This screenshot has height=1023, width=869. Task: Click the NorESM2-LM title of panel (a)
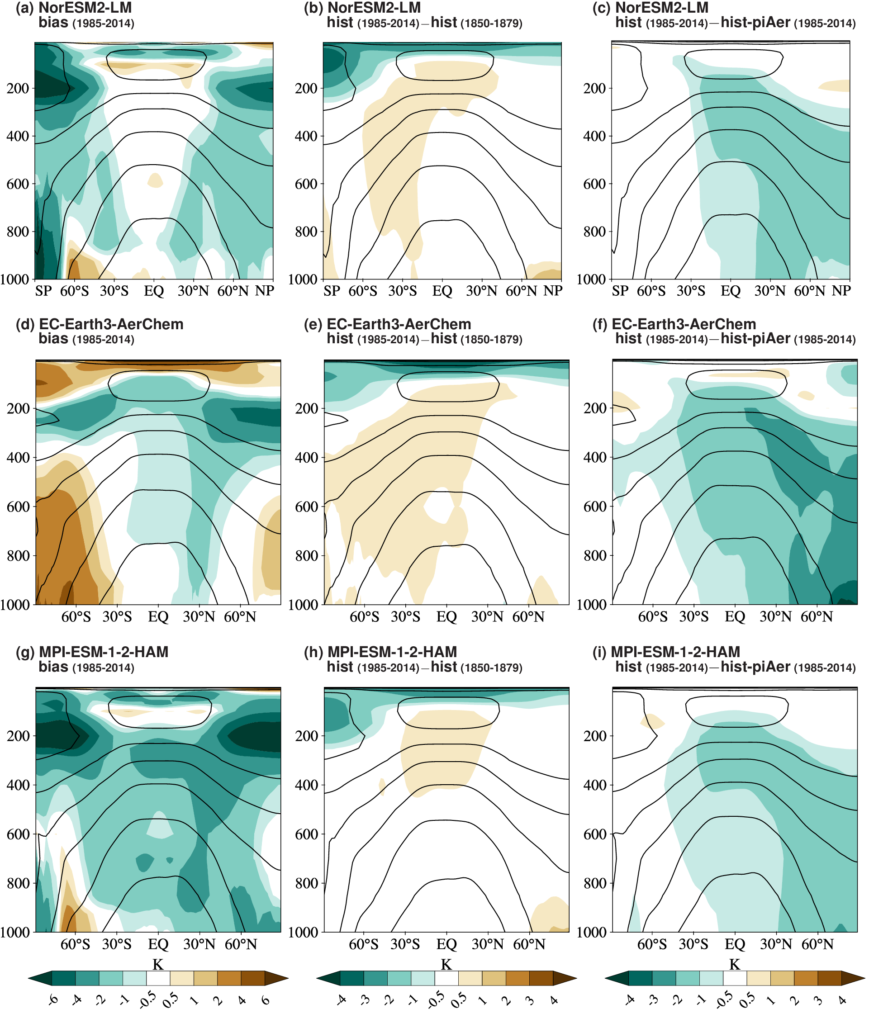point(85,8)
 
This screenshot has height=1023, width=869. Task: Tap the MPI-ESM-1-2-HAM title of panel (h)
point(392,652)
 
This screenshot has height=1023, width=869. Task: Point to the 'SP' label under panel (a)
point(43,291)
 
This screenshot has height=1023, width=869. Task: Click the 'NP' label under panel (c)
point(841,291)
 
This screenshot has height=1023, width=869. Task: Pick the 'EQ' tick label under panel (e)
point(446,617)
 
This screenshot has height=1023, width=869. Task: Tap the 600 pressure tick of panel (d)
point(18,507)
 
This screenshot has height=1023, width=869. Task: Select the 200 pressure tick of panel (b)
point(306,89)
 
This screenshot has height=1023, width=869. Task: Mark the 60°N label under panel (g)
point(241,944)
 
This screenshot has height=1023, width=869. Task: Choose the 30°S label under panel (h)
point(405,944)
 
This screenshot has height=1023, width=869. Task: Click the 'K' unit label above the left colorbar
point(157,964)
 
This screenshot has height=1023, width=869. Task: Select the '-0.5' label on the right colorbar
point(724,1000)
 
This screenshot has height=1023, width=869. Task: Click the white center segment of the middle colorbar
point(446,978)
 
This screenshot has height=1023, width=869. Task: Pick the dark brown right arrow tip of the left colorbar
point(276,978)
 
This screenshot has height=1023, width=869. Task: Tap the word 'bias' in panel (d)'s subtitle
point(53,339)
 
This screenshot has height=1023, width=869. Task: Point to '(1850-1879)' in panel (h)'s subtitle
point(492,668)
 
